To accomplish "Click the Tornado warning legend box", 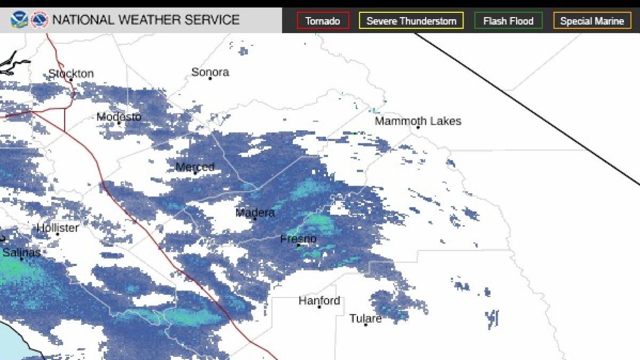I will coord(323,21).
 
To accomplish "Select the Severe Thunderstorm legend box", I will coord(411,21).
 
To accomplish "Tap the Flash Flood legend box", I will coord(508,21).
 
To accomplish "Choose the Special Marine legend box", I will coord(591,21).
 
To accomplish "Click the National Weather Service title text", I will coord(146,20).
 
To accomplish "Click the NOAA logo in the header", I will coord(19,20).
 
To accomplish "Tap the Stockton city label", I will coord(71,74).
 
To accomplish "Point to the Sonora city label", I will coord(210,72).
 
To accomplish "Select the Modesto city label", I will coord(118,117).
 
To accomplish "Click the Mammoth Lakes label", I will coord(418,121).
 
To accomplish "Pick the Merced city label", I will coord(195,167).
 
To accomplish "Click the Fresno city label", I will coord(298,239).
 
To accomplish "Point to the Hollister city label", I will coord(58,228).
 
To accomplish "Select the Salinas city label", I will coord(21,252).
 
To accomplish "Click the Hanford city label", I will coord(319,301).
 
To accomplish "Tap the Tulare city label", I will coord(365,318).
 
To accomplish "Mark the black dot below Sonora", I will coord(210,79).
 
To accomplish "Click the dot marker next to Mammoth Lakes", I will coord(418,127).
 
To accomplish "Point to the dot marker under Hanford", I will coord(319,307).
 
